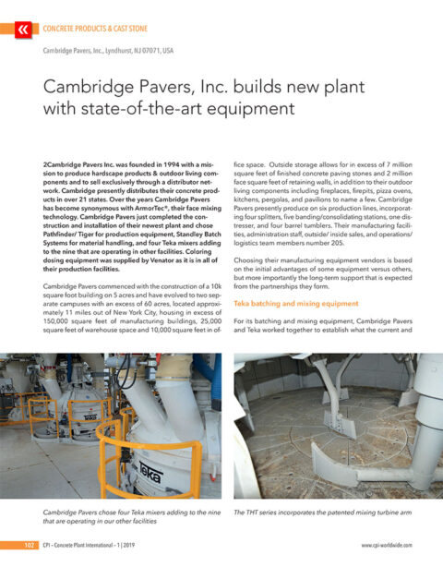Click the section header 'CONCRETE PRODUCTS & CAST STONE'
102,30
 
